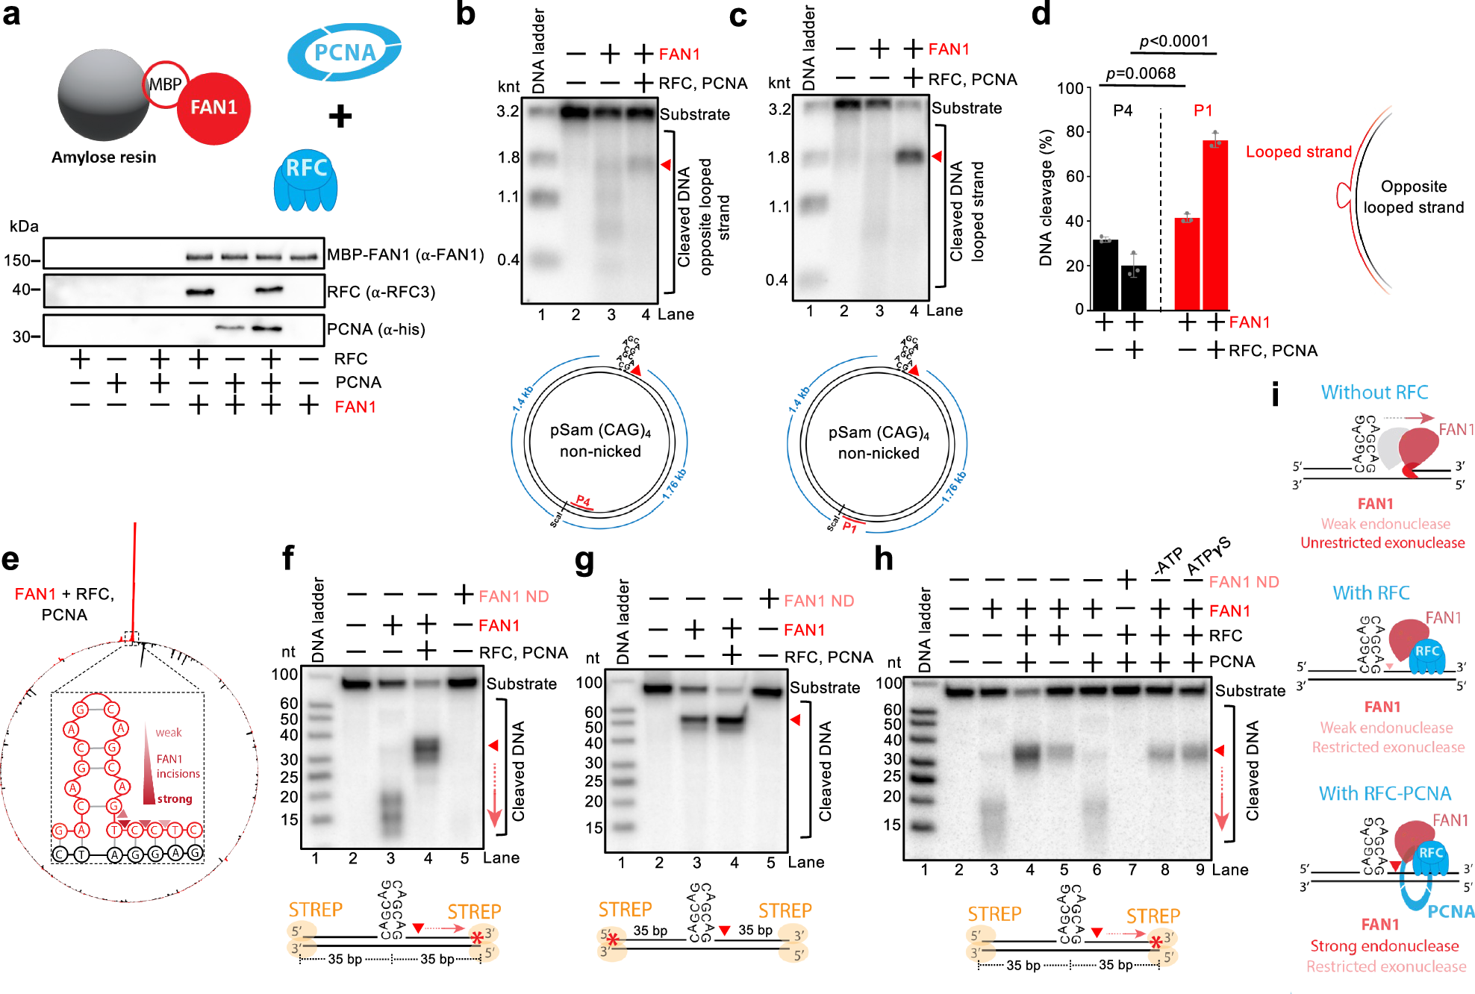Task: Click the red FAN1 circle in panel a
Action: click(x=213, y=108)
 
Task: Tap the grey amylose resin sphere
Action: click(x=103, y=95)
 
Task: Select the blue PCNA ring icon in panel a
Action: click(x=344, y=52)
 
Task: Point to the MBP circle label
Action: click(x=165, y=84)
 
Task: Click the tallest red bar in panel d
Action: click(x=1215, y=224)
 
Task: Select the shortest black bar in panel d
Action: click(x=1133, y=287)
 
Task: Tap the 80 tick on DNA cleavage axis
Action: click(x=1074, y=132)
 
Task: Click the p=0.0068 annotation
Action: click(x=1141, y=73)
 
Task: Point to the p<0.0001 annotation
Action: click(x=1174, y=41)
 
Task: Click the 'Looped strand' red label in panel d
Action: click(x=1298, y=151)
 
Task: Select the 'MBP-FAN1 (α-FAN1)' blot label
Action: click(x=405, y=254)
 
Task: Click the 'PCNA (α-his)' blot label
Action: click(x=375, y=329)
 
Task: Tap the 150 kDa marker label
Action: click(x=18, y=260)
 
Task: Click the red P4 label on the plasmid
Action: click(x=584, y=501)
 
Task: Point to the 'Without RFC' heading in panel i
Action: click(x=1373, y=393)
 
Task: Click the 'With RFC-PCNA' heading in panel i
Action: click(x=1385, y=793)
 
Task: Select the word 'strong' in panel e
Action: click(x=175, y=798)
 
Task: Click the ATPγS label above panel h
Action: click(x=1208, y=556)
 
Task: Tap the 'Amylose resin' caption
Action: click(x=104, y=157)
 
